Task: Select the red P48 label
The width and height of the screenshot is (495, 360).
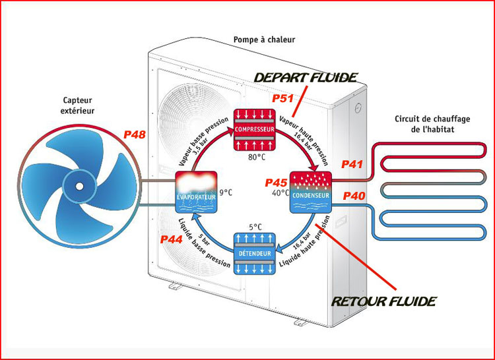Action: point(135,135)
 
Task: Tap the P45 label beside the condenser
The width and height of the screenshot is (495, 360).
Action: point(277,182)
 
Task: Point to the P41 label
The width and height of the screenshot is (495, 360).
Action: point(352,164)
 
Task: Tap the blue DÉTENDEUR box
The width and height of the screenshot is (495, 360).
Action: point(253,254)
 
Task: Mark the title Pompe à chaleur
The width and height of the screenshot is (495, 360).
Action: point(264,40)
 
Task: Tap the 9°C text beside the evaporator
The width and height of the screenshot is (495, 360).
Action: point(225,193)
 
